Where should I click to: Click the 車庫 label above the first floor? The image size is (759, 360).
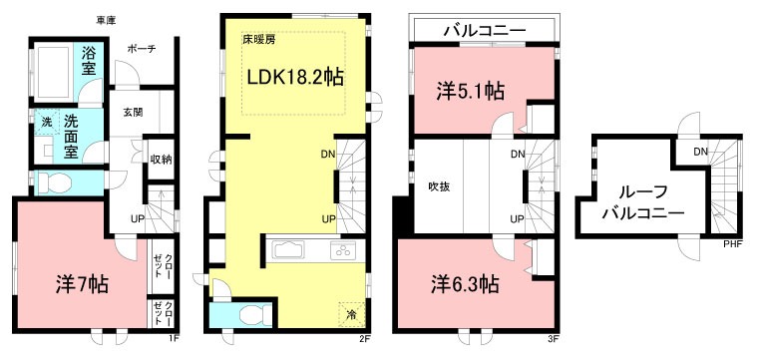point(105,20)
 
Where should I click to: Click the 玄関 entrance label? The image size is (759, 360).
point(131,113)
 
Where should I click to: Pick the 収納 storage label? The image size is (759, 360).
point(160,158)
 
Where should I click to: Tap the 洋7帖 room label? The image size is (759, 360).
point(81,283)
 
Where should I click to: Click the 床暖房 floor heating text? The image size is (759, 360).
point(258,41)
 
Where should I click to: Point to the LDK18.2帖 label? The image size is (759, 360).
point(296,77)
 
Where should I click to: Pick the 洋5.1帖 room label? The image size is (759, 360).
point(471,91)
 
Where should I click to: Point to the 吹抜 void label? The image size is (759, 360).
point(440,185)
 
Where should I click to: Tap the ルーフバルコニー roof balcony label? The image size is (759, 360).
point(645,202)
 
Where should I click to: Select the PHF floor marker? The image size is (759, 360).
point(730,241)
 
